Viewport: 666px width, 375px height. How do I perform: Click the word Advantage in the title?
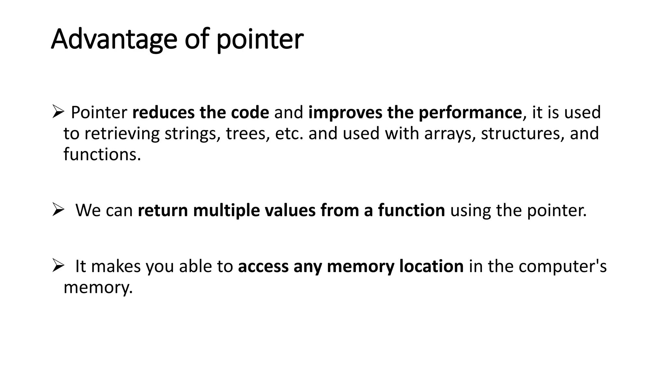tap(114, 39)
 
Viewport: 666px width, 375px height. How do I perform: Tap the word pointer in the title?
tap(260, 39)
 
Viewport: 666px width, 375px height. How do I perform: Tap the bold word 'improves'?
tap(345, 112)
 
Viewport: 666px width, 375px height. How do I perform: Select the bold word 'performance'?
tap(470, 112)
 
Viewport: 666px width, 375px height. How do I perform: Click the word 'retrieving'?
tap(122, 134)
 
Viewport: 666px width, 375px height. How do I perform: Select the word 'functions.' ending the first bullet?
tap(102, 154)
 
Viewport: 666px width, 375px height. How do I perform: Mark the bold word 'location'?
tap(431, 266)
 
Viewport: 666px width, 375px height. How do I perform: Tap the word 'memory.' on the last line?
tap(98, 287)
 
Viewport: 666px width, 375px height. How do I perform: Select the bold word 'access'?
tap(263, 266)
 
